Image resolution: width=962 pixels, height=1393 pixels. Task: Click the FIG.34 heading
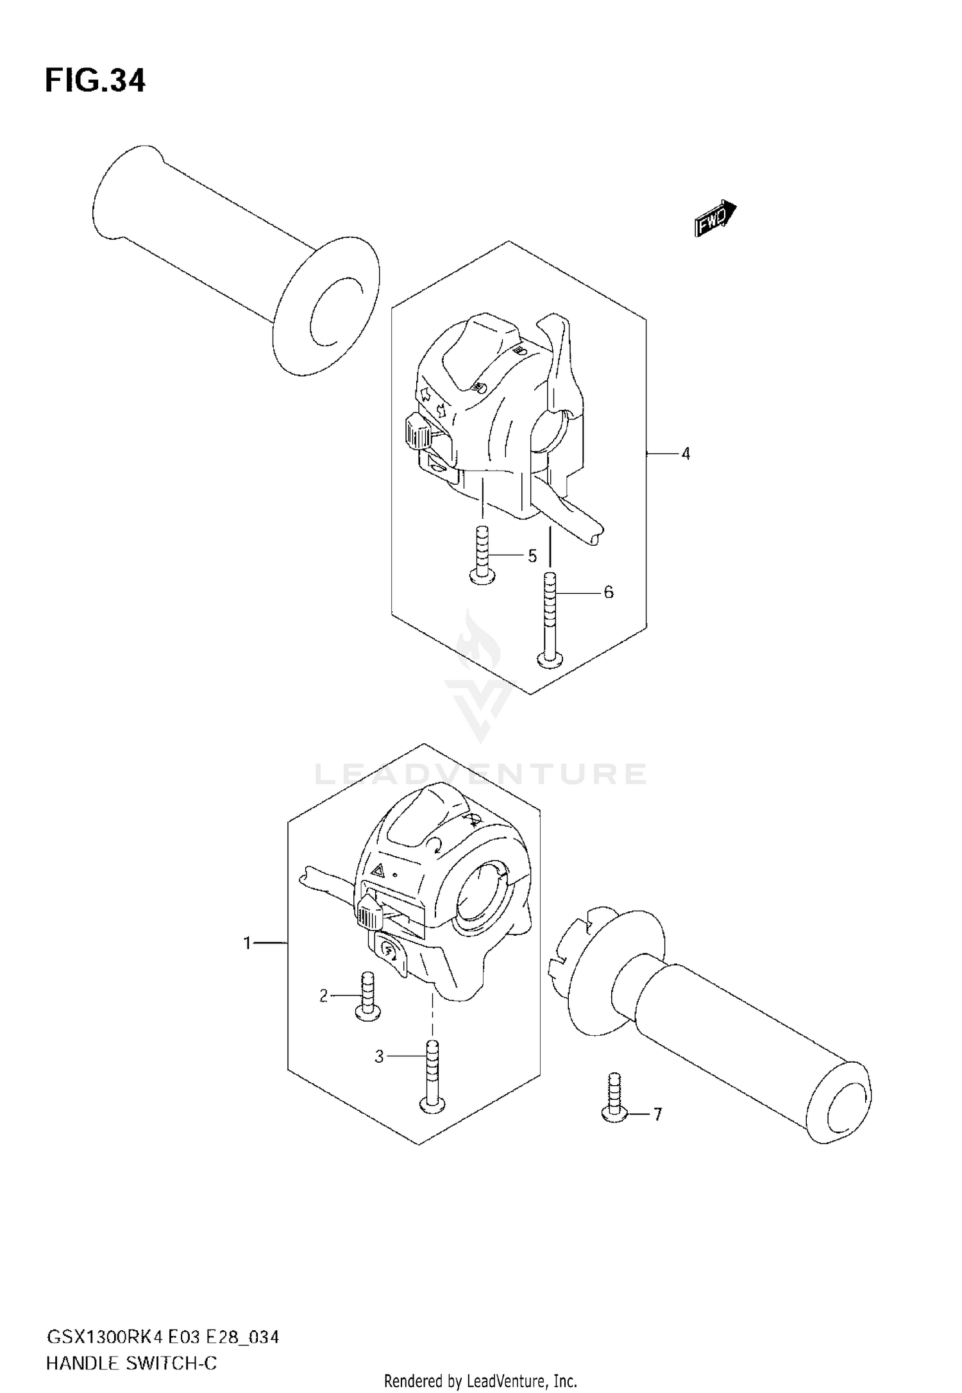(95, 81)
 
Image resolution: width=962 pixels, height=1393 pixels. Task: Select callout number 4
(686, 454)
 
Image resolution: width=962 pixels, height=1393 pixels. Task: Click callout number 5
(532, 556)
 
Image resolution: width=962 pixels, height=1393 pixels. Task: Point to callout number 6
(608, 592)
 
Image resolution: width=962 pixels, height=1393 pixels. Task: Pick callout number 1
(247, 943)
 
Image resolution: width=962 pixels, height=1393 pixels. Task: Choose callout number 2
(324, 995)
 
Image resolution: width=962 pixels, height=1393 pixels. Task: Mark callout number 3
(379, 1056)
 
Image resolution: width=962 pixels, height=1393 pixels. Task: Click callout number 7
(657, 1114)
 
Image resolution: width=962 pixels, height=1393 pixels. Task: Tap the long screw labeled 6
(548, 619)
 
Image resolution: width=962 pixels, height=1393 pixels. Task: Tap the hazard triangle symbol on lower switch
(379, 870)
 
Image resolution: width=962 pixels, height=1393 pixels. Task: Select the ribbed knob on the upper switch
(419, 435)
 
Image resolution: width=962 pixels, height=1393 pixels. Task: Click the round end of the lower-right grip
(840, 1102)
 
